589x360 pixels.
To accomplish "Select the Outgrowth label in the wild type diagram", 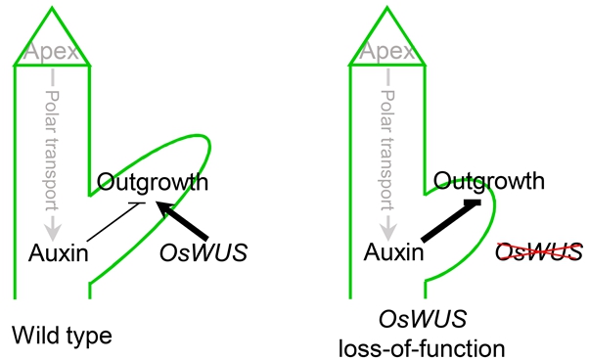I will coord(152,182).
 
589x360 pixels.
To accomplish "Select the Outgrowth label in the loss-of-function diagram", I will coord(489,181).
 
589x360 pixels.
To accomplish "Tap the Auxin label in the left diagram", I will coord(55,253).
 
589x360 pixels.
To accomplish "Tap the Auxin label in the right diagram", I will coord(390,253).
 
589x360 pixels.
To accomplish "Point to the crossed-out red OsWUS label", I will coord(539,253).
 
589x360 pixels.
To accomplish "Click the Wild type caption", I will coord(63,336).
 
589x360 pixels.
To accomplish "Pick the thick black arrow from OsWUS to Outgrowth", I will coord(185,220).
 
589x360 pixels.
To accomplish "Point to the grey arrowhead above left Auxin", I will coord(52,229).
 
